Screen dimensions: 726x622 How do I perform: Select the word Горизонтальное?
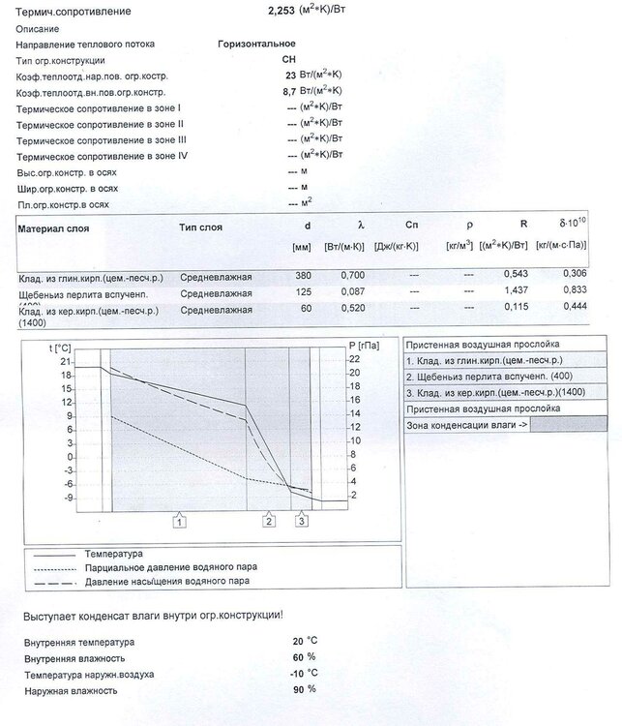256,44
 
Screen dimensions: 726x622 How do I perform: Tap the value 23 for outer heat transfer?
289,75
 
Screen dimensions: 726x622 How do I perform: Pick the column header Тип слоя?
200,227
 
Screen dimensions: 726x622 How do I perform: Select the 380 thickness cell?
303,277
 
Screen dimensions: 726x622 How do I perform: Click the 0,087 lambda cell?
352,292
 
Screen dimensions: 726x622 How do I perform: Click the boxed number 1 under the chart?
180,521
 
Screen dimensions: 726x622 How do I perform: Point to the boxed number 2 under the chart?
269,521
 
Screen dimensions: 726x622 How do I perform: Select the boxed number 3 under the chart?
302,521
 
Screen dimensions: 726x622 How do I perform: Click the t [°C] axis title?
61,346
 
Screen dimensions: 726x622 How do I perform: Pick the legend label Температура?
113,553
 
